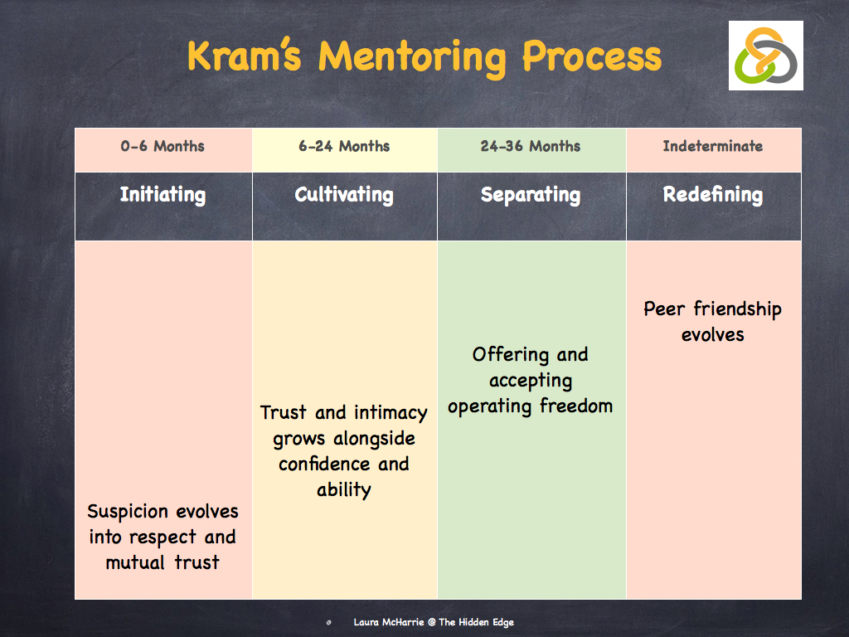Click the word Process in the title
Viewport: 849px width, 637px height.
591,56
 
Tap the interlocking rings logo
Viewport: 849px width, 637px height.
766,56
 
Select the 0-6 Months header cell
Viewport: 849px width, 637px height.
163,147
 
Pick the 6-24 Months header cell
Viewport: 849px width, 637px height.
344,147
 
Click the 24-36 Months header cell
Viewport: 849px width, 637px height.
531,147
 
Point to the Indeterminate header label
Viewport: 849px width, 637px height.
713,147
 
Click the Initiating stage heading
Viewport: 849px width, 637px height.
163,195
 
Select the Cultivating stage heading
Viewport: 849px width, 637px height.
344,195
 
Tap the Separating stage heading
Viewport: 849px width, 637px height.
531,195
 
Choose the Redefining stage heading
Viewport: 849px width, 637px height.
713,195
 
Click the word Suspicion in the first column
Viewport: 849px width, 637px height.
128,512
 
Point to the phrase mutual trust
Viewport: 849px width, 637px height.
163,562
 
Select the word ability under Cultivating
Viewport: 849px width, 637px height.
344,489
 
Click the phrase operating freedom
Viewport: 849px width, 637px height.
531,406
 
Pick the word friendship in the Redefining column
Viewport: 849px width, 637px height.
737,309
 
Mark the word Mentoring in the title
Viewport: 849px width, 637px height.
412,56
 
